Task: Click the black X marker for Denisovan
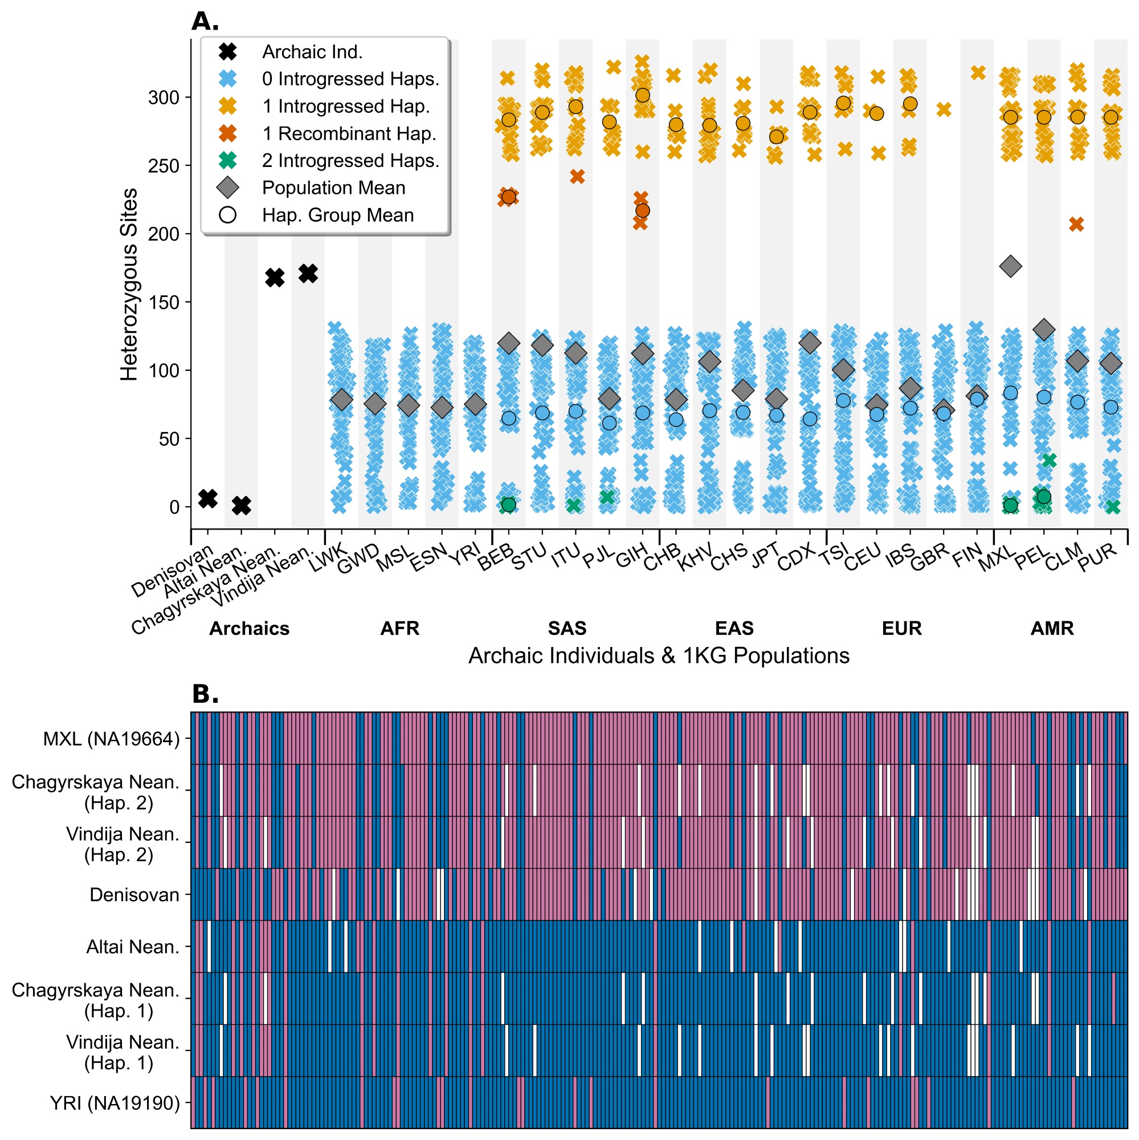207,499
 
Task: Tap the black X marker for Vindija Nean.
308,273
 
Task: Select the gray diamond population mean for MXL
1010,266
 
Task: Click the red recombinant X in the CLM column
1076,224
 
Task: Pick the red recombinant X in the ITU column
577,177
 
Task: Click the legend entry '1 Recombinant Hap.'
349,133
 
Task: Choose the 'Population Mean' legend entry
333,188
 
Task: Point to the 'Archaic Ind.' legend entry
312,52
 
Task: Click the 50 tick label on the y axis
169,439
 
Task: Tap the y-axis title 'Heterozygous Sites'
129,284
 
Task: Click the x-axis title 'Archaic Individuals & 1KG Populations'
658,655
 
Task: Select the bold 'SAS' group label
567,628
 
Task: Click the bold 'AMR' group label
1052,628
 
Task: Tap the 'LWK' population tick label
328,557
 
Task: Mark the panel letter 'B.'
205,694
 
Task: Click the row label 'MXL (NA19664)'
111,739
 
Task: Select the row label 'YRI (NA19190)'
115,1102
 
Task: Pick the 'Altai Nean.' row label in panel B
133,946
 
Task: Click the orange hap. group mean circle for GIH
642,95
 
